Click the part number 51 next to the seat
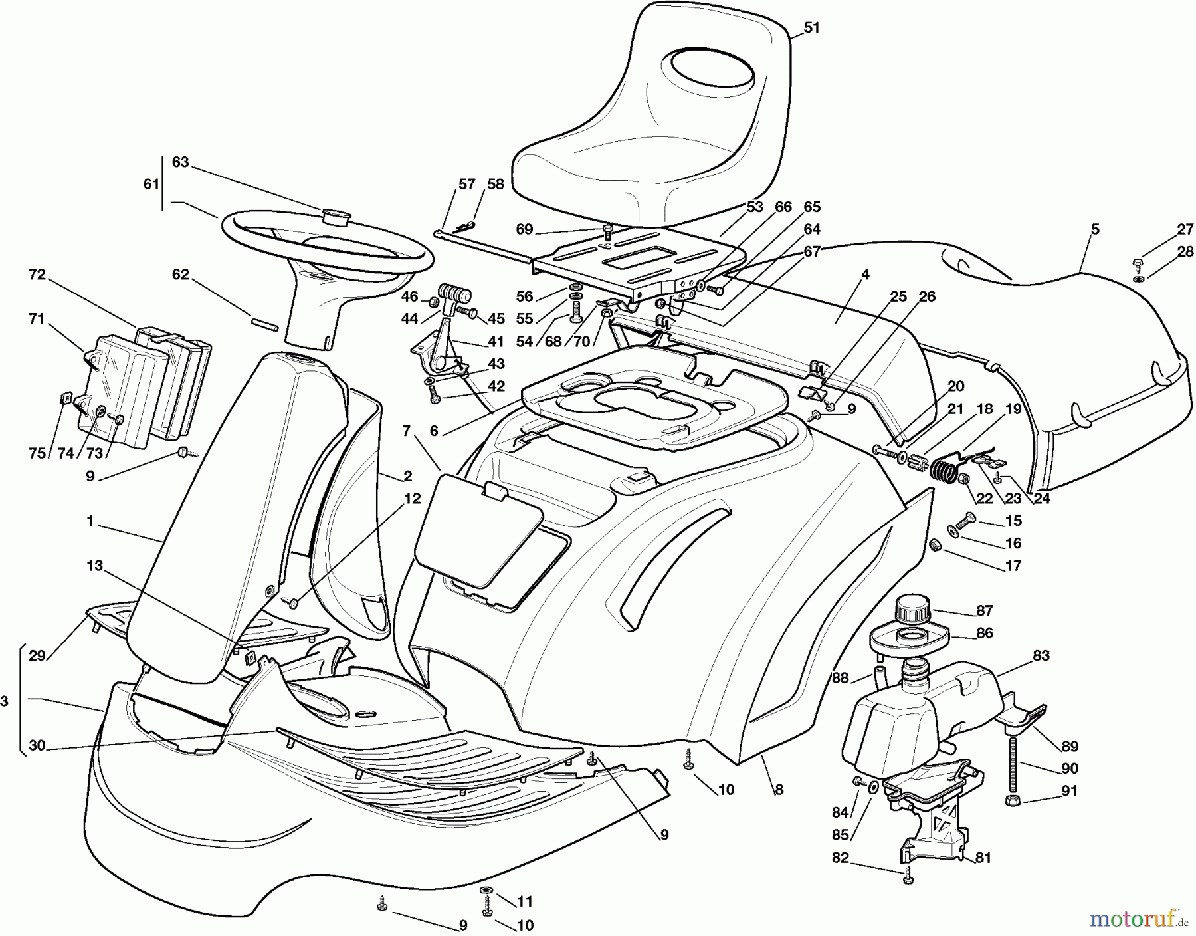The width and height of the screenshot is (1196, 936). click(811, 28)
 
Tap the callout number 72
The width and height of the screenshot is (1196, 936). click(37, 274)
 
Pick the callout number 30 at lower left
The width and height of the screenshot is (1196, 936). click(37, 746)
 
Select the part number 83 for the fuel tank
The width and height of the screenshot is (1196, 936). click(1041, 655)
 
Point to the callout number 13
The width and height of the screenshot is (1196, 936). click(95, 566)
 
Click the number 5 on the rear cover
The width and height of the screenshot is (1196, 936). click(1095, 229)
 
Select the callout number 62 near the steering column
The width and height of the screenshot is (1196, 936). click(181, 275)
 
